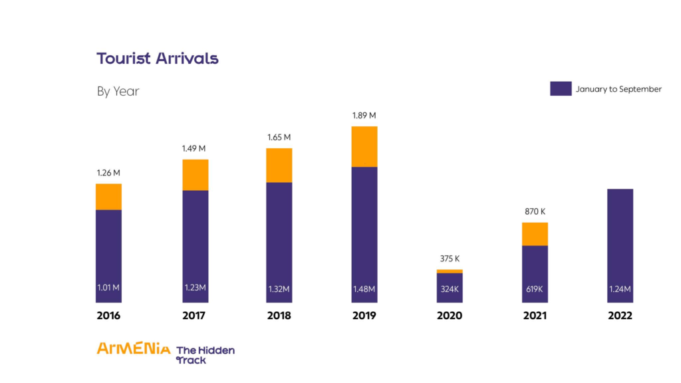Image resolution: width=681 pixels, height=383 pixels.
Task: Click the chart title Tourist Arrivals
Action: (x=158, y=59)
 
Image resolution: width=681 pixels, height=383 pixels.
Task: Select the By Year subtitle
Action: (x=118, y=91)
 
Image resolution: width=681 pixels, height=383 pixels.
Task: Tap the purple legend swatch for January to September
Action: (x=561, y=88)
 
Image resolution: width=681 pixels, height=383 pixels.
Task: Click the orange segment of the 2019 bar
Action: (x=364, y=146)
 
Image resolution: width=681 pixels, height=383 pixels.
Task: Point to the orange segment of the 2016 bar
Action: (x=108, y=197)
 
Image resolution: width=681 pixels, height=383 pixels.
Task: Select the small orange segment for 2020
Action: (x=450, y=271)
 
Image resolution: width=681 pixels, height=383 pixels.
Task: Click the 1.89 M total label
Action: (x=364, y=116)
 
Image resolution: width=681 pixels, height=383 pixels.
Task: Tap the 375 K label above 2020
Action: (x=450, y=259)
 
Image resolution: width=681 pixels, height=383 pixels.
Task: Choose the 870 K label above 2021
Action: (x=535, y=211)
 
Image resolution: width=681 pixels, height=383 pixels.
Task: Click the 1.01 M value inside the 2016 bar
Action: (x=108, y=289)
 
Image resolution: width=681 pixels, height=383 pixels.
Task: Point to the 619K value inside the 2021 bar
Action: (x=535, y=289)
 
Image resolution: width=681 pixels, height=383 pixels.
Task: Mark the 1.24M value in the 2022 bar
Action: (x=620, y=289)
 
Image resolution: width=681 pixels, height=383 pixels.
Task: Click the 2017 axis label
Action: (x=194, y=316)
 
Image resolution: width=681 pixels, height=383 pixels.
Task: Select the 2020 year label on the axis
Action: (x=450, y=316)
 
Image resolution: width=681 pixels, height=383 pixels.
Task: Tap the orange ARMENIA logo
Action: (x=133, y=348)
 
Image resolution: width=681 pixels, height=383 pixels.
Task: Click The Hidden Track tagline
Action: (x=205, y=355)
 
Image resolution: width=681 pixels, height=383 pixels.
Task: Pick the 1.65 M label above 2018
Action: (x=279, y=137)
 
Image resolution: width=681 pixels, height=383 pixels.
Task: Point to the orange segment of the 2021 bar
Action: (x=535, y=234)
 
